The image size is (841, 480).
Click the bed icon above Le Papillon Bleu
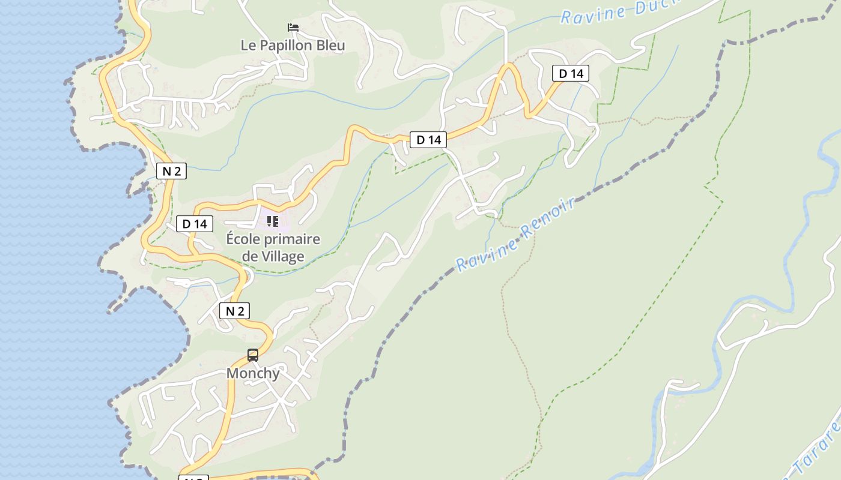coord(293,28)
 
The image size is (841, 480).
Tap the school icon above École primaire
coord(273,221)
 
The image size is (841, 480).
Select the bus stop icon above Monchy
coord(253,355)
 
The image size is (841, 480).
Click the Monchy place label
coord(253,373)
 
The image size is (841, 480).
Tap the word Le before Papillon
coord(248,46)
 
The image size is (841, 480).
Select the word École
coord(244,239)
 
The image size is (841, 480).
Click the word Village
coord(282,257)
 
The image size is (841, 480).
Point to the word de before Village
coord(249,257)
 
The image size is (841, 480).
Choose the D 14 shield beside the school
coord(195,224)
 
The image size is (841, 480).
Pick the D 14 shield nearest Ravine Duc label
coord(571,74)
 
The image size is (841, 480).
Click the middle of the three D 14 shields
coord(428,140)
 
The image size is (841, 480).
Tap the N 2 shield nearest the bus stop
coord(234,311)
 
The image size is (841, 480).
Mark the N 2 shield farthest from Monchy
coord(171,171)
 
